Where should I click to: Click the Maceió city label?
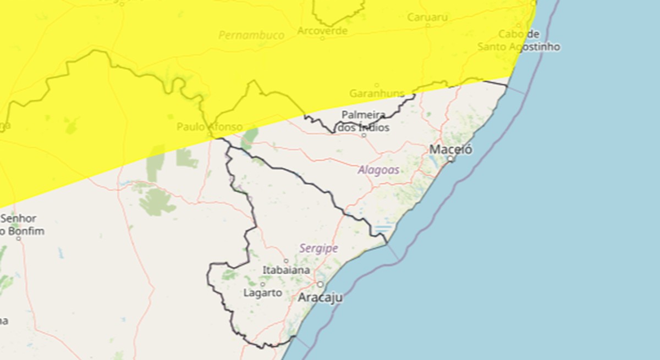pos(450,148)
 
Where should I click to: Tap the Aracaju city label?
pos(320,298)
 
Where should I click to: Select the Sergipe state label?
pos(318,248)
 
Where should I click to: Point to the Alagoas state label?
pos(378,170)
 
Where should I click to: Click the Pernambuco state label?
pos(251,36)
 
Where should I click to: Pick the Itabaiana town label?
pos(286,270)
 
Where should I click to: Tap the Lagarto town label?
pos(262,293)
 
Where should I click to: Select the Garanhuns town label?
pos(377,93)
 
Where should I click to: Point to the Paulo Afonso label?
pos(209,127)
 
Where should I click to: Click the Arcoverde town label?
pos(322,31)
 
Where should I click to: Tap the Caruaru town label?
pos(427,17)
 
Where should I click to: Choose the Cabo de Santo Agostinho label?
pos(519,41)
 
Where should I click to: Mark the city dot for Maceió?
pos(450,159)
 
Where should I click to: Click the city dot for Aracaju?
pos(320,284)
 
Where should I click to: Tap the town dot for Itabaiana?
pos(285,261)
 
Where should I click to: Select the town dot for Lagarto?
pos(263,284)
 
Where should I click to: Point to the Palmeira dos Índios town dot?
pos(364,135)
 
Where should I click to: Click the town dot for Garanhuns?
pos(377,85)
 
